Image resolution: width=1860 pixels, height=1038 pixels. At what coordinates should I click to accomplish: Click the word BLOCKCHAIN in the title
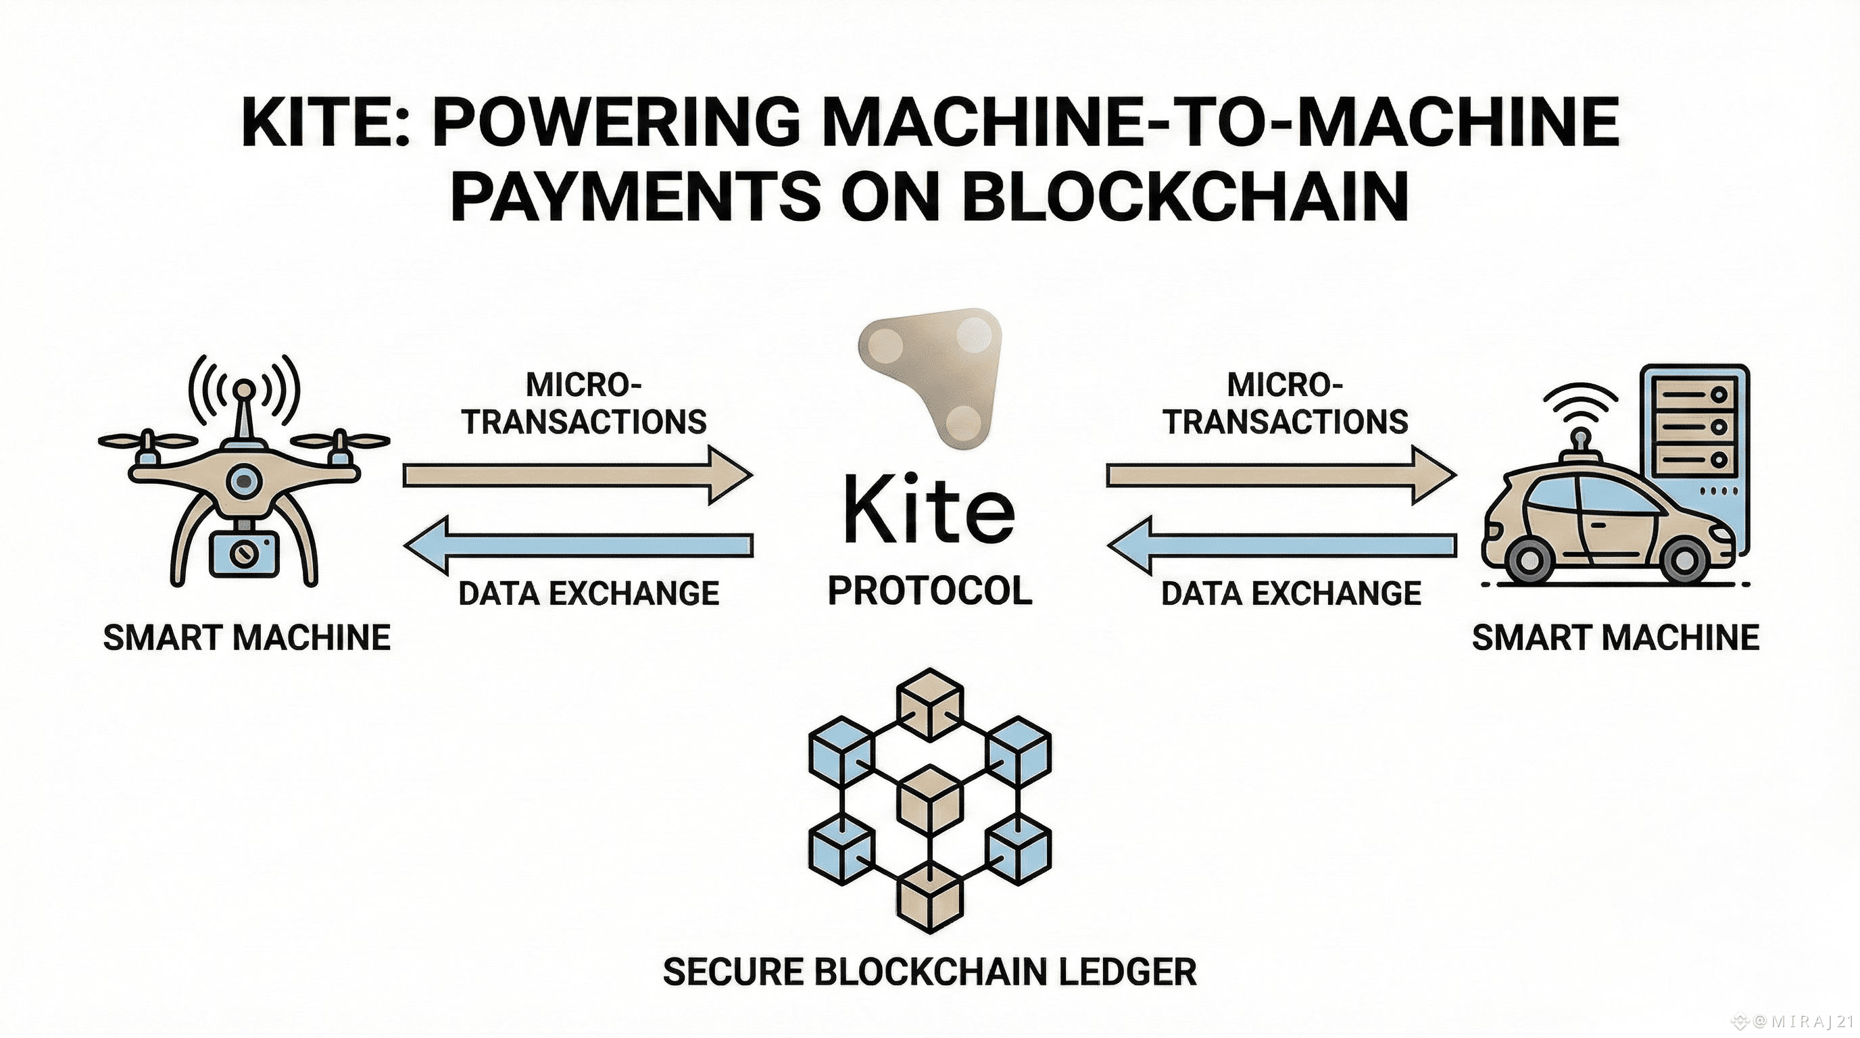point(1184,197)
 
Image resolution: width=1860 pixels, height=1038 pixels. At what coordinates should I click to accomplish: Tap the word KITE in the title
point(318,123)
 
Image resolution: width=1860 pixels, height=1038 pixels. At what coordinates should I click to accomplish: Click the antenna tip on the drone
point(245,391)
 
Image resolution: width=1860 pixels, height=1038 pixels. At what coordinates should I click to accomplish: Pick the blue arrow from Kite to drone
point(578,545)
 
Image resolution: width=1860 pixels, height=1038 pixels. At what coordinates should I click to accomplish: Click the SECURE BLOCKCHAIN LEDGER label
point(930,972)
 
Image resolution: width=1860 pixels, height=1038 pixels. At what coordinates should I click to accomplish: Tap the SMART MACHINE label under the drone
point(247,638)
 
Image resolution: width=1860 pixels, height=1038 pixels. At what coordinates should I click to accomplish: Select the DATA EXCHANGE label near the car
point(1291,594)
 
